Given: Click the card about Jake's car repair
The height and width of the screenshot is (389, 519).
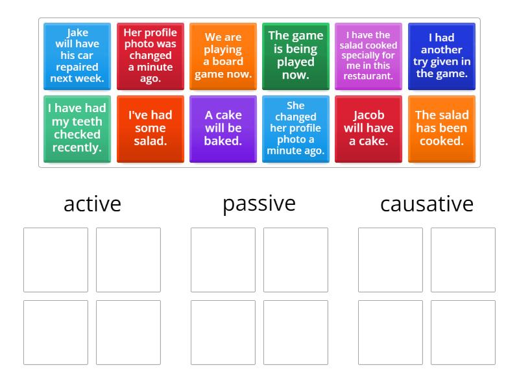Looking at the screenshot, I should (77, 56).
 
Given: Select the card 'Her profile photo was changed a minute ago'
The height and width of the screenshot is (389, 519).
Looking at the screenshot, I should (150, 56).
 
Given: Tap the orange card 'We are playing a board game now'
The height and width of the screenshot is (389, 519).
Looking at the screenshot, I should (223, 56).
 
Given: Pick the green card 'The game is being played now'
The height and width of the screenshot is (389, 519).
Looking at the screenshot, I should (295, 56).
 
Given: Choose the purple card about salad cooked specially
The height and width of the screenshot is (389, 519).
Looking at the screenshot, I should (368, 56).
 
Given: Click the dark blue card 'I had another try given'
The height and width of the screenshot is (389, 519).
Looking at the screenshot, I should (441, 56).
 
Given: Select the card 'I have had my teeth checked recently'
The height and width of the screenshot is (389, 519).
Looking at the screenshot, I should (77, 128).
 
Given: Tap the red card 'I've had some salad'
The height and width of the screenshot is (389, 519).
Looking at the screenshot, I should (150, 128).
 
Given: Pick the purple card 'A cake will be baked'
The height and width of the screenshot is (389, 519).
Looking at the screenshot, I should (223, 128).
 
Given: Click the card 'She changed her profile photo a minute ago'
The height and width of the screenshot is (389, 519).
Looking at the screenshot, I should (295, 128).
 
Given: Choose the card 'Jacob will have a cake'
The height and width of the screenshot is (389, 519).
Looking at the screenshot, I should (368, 128).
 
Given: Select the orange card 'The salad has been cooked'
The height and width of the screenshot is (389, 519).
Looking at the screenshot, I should (441, 128).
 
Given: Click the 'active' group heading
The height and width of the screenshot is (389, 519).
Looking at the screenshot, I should (92, 204).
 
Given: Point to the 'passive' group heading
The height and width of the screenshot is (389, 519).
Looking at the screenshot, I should (259, 204).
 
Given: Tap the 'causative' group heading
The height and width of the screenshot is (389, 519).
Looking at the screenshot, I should (426, 204).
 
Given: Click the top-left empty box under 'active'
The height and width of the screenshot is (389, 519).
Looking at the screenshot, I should (56, 260).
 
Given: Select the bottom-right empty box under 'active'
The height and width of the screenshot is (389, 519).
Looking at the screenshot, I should (128, 333).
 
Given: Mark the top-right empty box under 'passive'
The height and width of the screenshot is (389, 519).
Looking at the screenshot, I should (296, 260).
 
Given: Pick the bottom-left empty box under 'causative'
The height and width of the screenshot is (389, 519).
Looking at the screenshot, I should (391, 333).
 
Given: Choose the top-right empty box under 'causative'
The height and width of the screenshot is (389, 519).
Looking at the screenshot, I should (463, 260).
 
